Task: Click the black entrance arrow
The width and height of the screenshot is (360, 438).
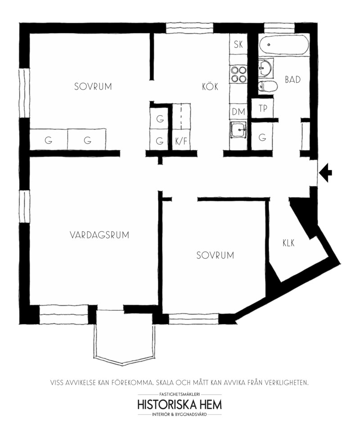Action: pos(326,172)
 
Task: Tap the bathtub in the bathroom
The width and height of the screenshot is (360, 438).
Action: pos(284,45)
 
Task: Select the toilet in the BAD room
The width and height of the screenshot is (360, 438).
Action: pos(267,86)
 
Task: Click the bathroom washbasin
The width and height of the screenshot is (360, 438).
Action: pos(265,67)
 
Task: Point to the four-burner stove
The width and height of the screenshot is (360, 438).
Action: pos(238,74)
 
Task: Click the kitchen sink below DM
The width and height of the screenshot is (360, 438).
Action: pos(238,130)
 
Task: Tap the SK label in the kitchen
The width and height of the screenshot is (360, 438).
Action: pos(238,44)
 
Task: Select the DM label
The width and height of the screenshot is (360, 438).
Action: pos(238,112)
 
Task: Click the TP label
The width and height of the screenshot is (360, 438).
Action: pos(263,108)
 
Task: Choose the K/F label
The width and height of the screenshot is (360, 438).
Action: pos(181,141)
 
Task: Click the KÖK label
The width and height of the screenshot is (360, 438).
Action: pos(210,86)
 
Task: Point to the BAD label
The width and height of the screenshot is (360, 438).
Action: pos(292,80)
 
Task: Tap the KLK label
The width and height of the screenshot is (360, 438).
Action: pos(288,243)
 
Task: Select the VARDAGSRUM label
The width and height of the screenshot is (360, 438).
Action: pos(99,235)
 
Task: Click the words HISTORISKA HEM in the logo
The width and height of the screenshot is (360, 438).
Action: pos(180,405)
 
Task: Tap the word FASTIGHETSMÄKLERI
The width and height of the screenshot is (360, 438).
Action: pos(180,395)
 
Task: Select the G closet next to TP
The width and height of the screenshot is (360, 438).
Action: pos(262,137)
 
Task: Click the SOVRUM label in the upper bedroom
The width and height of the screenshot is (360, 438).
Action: pos(93,86)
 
